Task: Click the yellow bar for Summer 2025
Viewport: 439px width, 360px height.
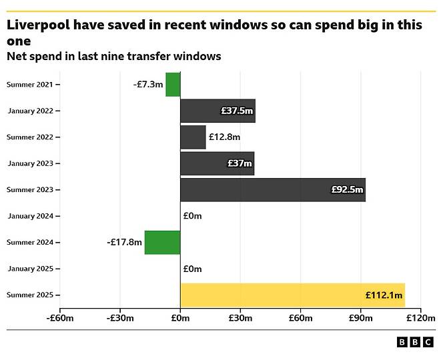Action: click(292, 295)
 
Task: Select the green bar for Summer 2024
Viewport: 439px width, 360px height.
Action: click(162, 242)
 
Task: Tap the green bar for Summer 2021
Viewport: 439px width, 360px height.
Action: click(173, 85)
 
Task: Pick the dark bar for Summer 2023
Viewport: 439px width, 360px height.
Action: click(272, 189)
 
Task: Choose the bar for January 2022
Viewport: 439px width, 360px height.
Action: click(217, 111)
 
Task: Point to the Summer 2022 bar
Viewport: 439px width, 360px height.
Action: click(193, 137)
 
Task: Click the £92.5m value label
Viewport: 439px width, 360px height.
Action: click(347, 189)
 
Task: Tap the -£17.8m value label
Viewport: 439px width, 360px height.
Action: click(123, 242)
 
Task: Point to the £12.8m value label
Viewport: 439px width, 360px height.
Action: click(224, 137)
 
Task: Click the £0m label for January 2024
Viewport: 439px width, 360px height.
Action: click(192, 216)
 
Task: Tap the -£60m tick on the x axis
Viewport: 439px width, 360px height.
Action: click(59, 318)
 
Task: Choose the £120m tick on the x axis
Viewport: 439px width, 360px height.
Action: click(420, 318)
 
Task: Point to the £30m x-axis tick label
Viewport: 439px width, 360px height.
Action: click(240, 318)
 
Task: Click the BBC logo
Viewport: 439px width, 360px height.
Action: click(414, 342)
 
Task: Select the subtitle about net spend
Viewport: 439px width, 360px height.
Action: click(113, 56)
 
